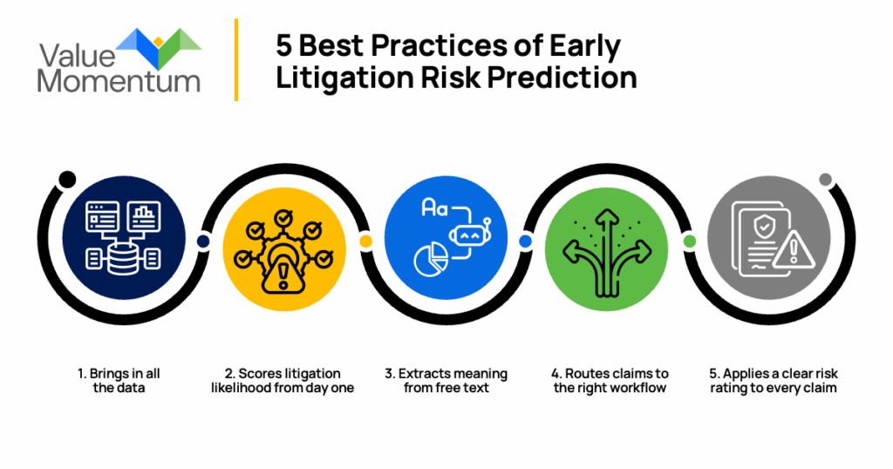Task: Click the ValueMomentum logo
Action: (x=119, y=60)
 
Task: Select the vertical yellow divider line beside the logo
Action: (x=235, y=60)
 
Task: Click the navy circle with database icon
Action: (x=124, y=238)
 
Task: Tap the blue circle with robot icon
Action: (x=446, y=238)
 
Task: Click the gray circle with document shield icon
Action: (x=769, y=238)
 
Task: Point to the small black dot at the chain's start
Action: (x=67, y=180)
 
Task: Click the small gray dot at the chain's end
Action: (x=825, y=180)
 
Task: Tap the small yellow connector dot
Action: (x=365, y=241)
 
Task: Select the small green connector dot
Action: (x=689, y=241)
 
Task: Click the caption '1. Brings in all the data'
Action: (x=119, y=381)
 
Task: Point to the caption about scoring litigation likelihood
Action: (x=283, y=381)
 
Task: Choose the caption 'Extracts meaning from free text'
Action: (x=446, y=381)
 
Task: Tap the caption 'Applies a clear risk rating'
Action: (x=774, y=381)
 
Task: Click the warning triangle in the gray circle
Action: (x=794, y=250)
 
